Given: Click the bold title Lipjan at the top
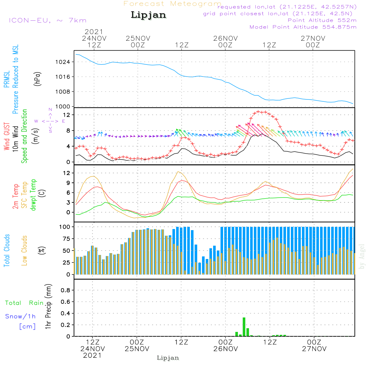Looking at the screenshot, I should tap(148, 15).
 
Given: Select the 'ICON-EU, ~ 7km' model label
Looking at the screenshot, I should tap(47, 20).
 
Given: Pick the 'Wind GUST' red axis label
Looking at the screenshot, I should tap(7, 137).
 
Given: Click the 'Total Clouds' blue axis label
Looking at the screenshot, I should tap(7, 250).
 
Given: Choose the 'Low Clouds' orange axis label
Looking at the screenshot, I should tap(24, 250).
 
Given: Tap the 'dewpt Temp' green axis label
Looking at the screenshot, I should tap(33, 195).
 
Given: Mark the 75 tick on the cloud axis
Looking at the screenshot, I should tap(65, 239).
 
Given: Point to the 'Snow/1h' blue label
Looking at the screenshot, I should tap(20, 316).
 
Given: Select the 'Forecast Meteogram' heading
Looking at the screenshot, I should tap(172, 4).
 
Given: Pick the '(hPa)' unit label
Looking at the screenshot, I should tap(37, 79).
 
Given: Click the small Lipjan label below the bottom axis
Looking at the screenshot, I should tap(168, 358).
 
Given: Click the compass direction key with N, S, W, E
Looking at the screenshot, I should tap(50, 121).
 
